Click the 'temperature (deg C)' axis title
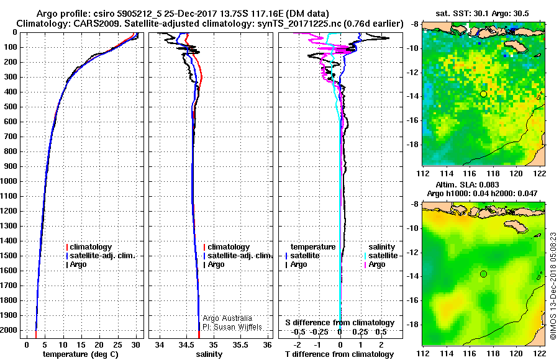(x=80, y=354)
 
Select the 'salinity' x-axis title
(x=208, y=354)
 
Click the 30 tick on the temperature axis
(x=135, y=344)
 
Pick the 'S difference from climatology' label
(x=339, y=323)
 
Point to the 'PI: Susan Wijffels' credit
(x=232, y=326)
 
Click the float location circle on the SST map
(x=483, y=94)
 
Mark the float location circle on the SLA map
(x=483, y=274)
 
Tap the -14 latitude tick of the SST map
(x=415, y=96)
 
